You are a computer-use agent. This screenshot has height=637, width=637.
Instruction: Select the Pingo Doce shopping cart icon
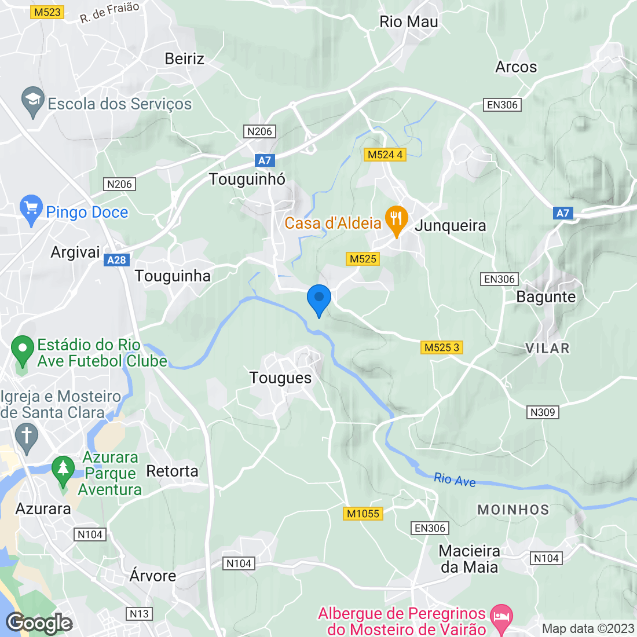31,210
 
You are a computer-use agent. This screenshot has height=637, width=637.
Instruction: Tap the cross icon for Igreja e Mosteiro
26,437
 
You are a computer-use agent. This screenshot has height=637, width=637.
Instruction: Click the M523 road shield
47,12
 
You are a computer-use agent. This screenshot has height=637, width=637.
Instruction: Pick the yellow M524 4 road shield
385,155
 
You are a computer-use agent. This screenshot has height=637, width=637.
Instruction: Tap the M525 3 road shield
442,347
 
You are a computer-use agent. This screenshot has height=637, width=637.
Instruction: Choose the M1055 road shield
363,514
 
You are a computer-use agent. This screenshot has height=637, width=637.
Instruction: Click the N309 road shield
543,412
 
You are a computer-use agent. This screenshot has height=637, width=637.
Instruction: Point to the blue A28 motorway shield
116,260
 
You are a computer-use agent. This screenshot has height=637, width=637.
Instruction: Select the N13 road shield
139,614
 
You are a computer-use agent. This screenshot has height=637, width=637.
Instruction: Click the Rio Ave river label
455,479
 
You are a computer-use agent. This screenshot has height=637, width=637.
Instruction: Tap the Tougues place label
280,378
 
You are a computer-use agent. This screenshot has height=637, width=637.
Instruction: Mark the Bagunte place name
546,297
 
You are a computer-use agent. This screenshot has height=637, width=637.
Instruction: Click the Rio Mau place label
409,22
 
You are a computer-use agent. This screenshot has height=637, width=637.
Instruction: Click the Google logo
39,623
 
